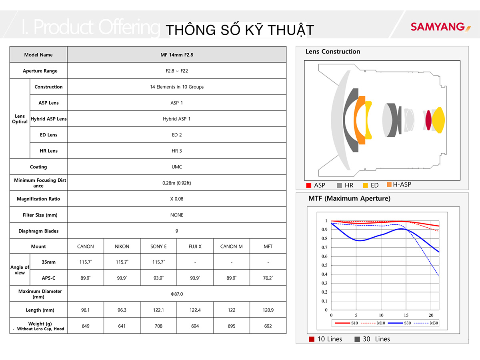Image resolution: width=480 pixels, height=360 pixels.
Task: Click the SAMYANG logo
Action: click(x=440, y=27)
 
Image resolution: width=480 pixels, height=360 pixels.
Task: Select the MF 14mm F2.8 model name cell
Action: click(x=177, y=55)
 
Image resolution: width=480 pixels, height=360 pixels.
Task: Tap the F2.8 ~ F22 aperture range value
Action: click(x=177, y=71)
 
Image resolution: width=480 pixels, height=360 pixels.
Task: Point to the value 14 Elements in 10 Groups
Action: click(x=177, y=87)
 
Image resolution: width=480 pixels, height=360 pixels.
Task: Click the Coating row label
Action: click(x=38, y=167)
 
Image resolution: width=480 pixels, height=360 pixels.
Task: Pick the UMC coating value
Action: click(x=177, y=167)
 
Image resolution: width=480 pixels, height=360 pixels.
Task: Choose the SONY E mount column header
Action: click(x=158, y=246)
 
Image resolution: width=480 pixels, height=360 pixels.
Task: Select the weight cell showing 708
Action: click(x=158, y=326)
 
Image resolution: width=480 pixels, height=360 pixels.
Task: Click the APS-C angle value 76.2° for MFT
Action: click(x=268, y=278)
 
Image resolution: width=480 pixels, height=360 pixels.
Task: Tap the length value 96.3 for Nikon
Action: click(x=122, y=310)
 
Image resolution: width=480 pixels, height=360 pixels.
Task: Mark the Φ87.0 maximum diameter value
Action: click(x=177, y=294)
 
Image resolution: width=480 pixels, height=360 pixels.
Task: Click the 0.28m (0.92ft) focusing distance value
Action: click(x=177, y=183)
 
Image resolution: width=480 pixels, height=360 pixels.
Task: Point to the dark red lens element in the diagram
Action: click(x=428, y=120)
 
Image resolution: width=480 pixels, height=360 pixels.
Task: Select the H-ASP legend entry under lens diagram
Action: click(x=399, y=184)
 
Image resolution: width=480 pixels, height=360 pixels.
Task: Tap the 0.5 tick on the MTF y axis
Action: click(x=324, y=265)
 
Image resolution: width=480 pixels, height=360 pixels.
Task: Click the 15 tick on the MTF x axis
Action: click(x=406, y=315)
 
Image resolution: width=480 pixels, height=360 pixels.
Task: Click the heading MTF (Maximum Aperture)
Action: click(x=349, y=198)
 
